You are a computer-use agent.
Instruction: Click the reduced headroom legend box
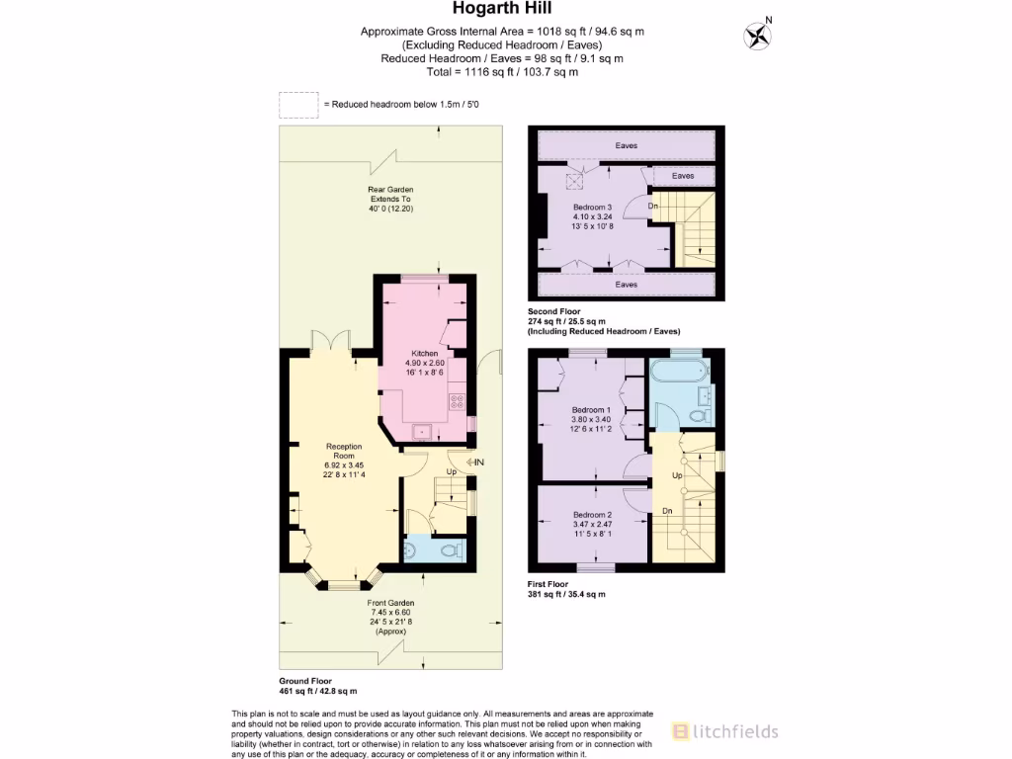tap(297, 105)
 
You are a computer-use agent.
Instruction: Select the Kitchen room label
tap(425, 353)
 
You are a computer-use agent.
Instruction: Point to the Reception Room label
tap(344, 451)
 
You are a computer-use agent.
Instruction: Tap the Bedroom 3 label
tap(593, 207)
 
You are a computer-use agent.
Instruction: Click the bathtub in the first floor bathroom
tap(677, 373)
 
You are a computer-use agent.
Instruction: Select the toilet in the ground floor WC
tap(450, 549)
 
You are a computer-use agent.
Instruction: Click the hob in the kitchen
tap(459, 402)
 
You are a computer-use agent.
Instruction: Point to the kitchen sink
tap(422, 430)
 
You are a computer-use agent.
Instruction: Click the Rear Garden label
tap(390, 189)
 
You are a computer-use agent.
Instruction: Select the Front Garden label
tap(390, 602)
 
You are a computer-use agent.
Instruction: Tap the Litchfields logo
tap(724, 731)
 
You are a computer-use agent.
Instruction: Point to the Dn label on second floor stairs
tap(653, 206)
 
